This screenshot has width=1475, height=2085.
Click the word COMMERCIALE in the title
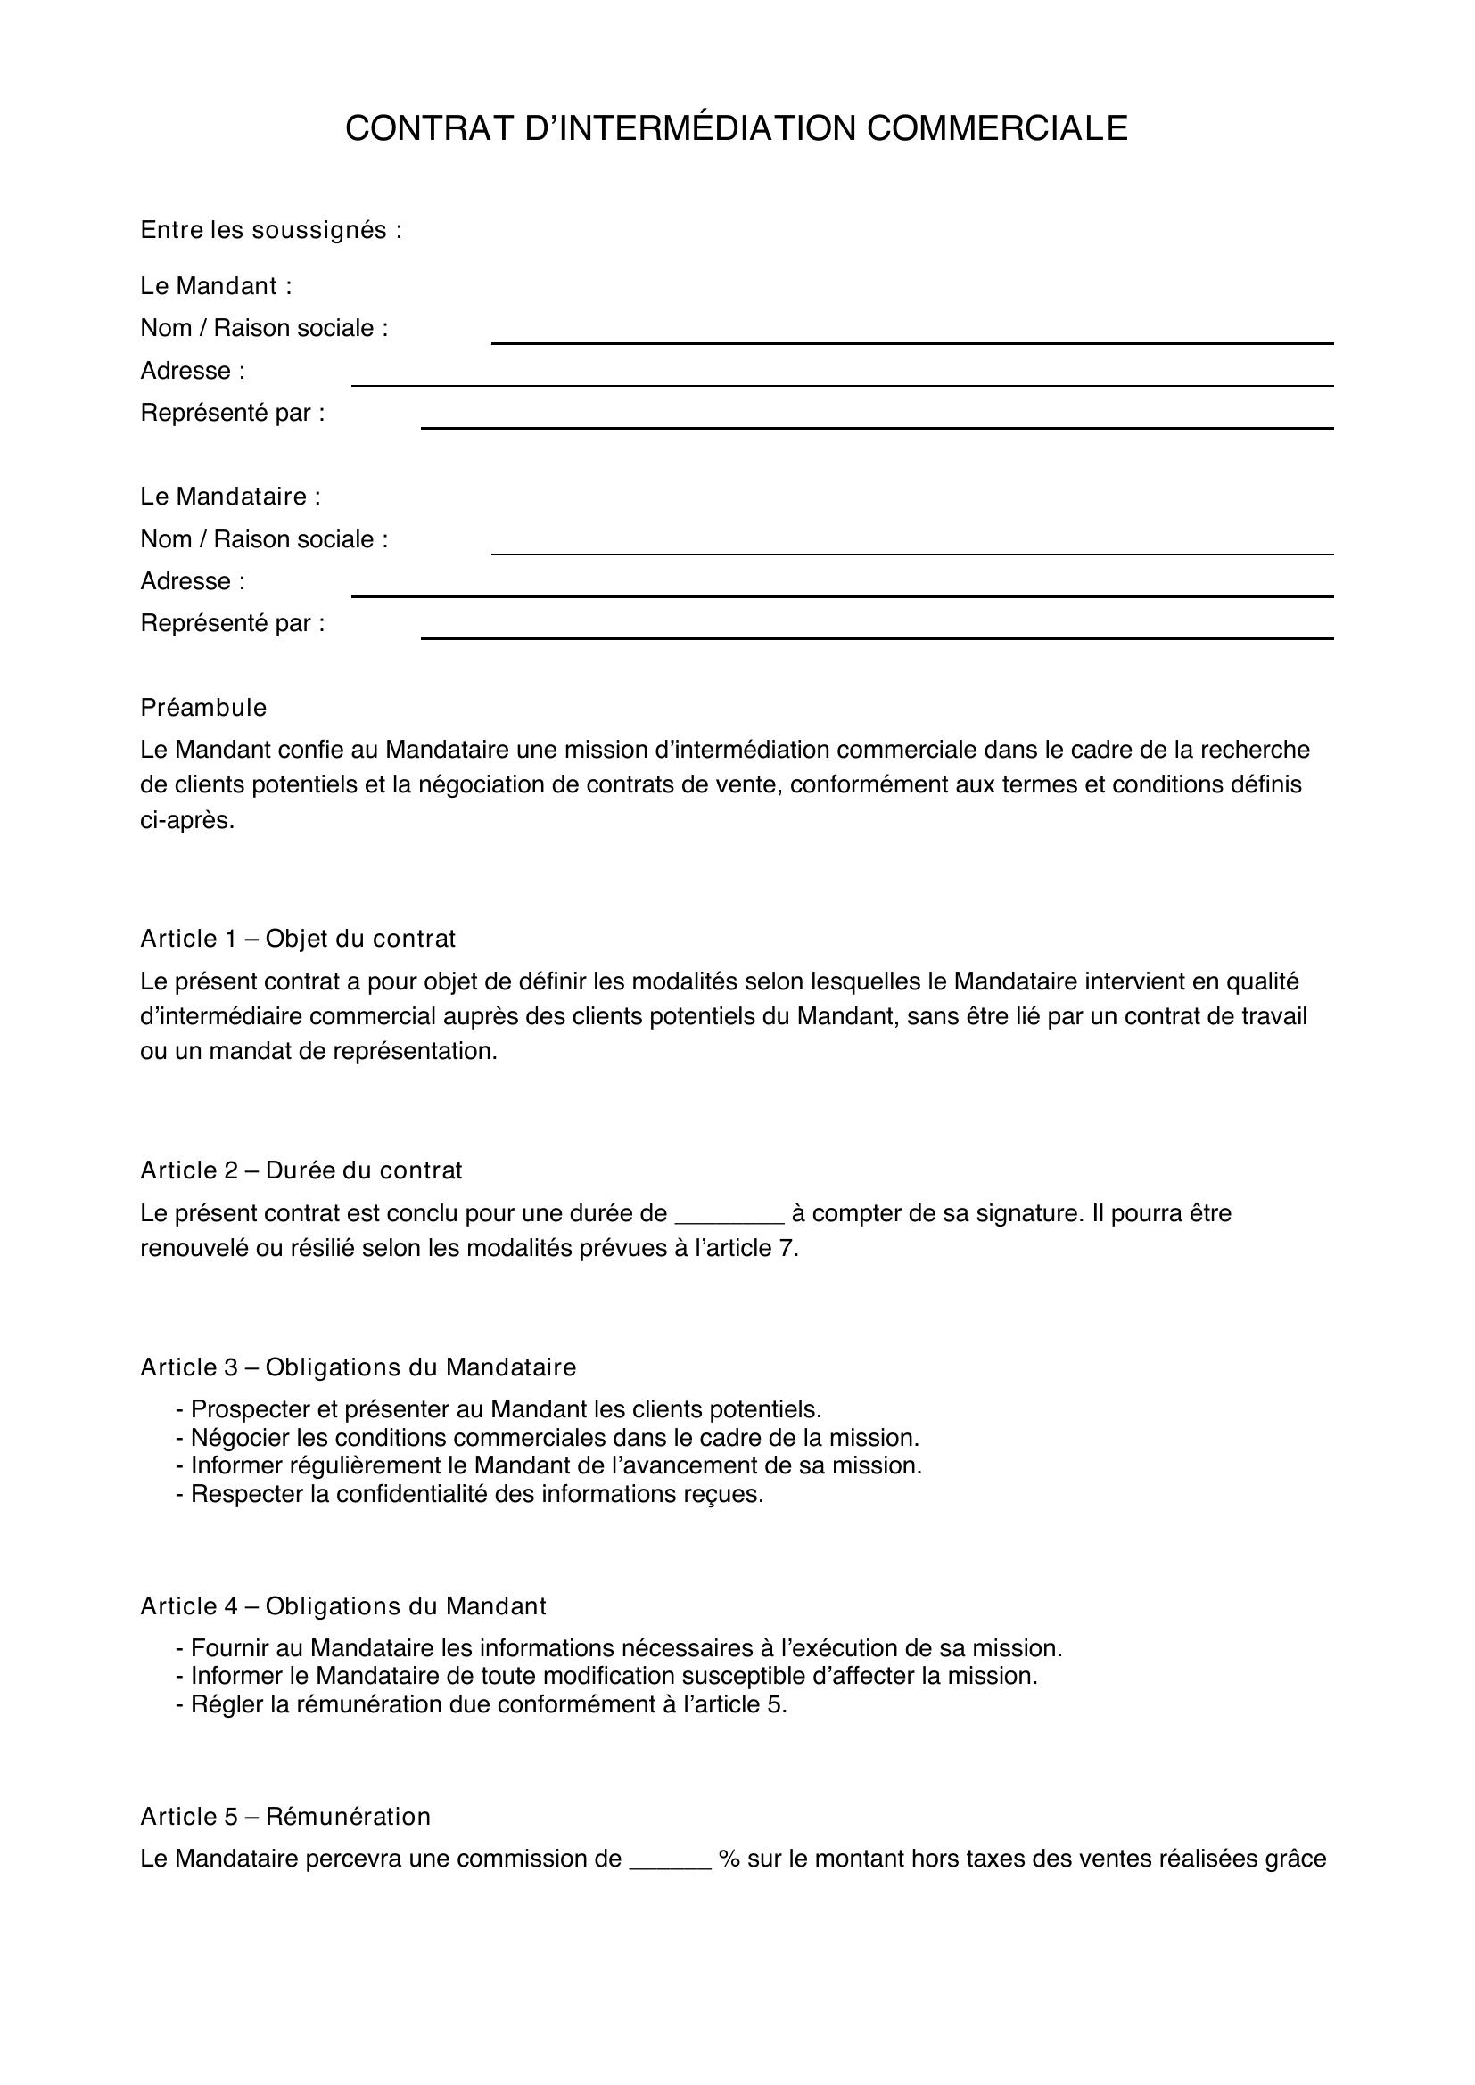tap(996, 129)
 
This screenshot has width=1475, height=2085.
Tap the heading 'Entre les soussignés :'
tap(271, 231)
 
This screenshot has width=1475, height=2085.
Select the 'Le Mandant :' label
tap(216, 286)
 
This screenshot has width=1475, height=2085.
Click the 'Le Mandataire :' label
tap(231, 497)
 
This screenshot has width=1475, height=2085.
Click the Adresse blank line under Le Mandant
tap(841, 383)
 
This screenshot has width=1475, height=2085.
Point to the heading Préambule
tap(203, 708)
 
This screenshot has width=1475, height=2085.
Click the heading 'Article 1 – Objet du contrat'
tap(298, 938)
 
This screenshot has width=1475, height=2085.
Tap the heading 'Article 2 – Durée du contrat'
tap(301, 1170)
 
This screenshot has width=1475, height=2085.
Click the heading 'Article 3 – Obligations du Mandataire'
tap(358, 1367)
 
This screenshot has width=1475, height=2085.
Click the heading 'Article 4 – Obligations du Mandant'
tap(343, 1606)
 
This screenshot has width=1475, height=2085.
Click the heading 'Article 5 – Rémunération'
tap(285, 1816)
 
